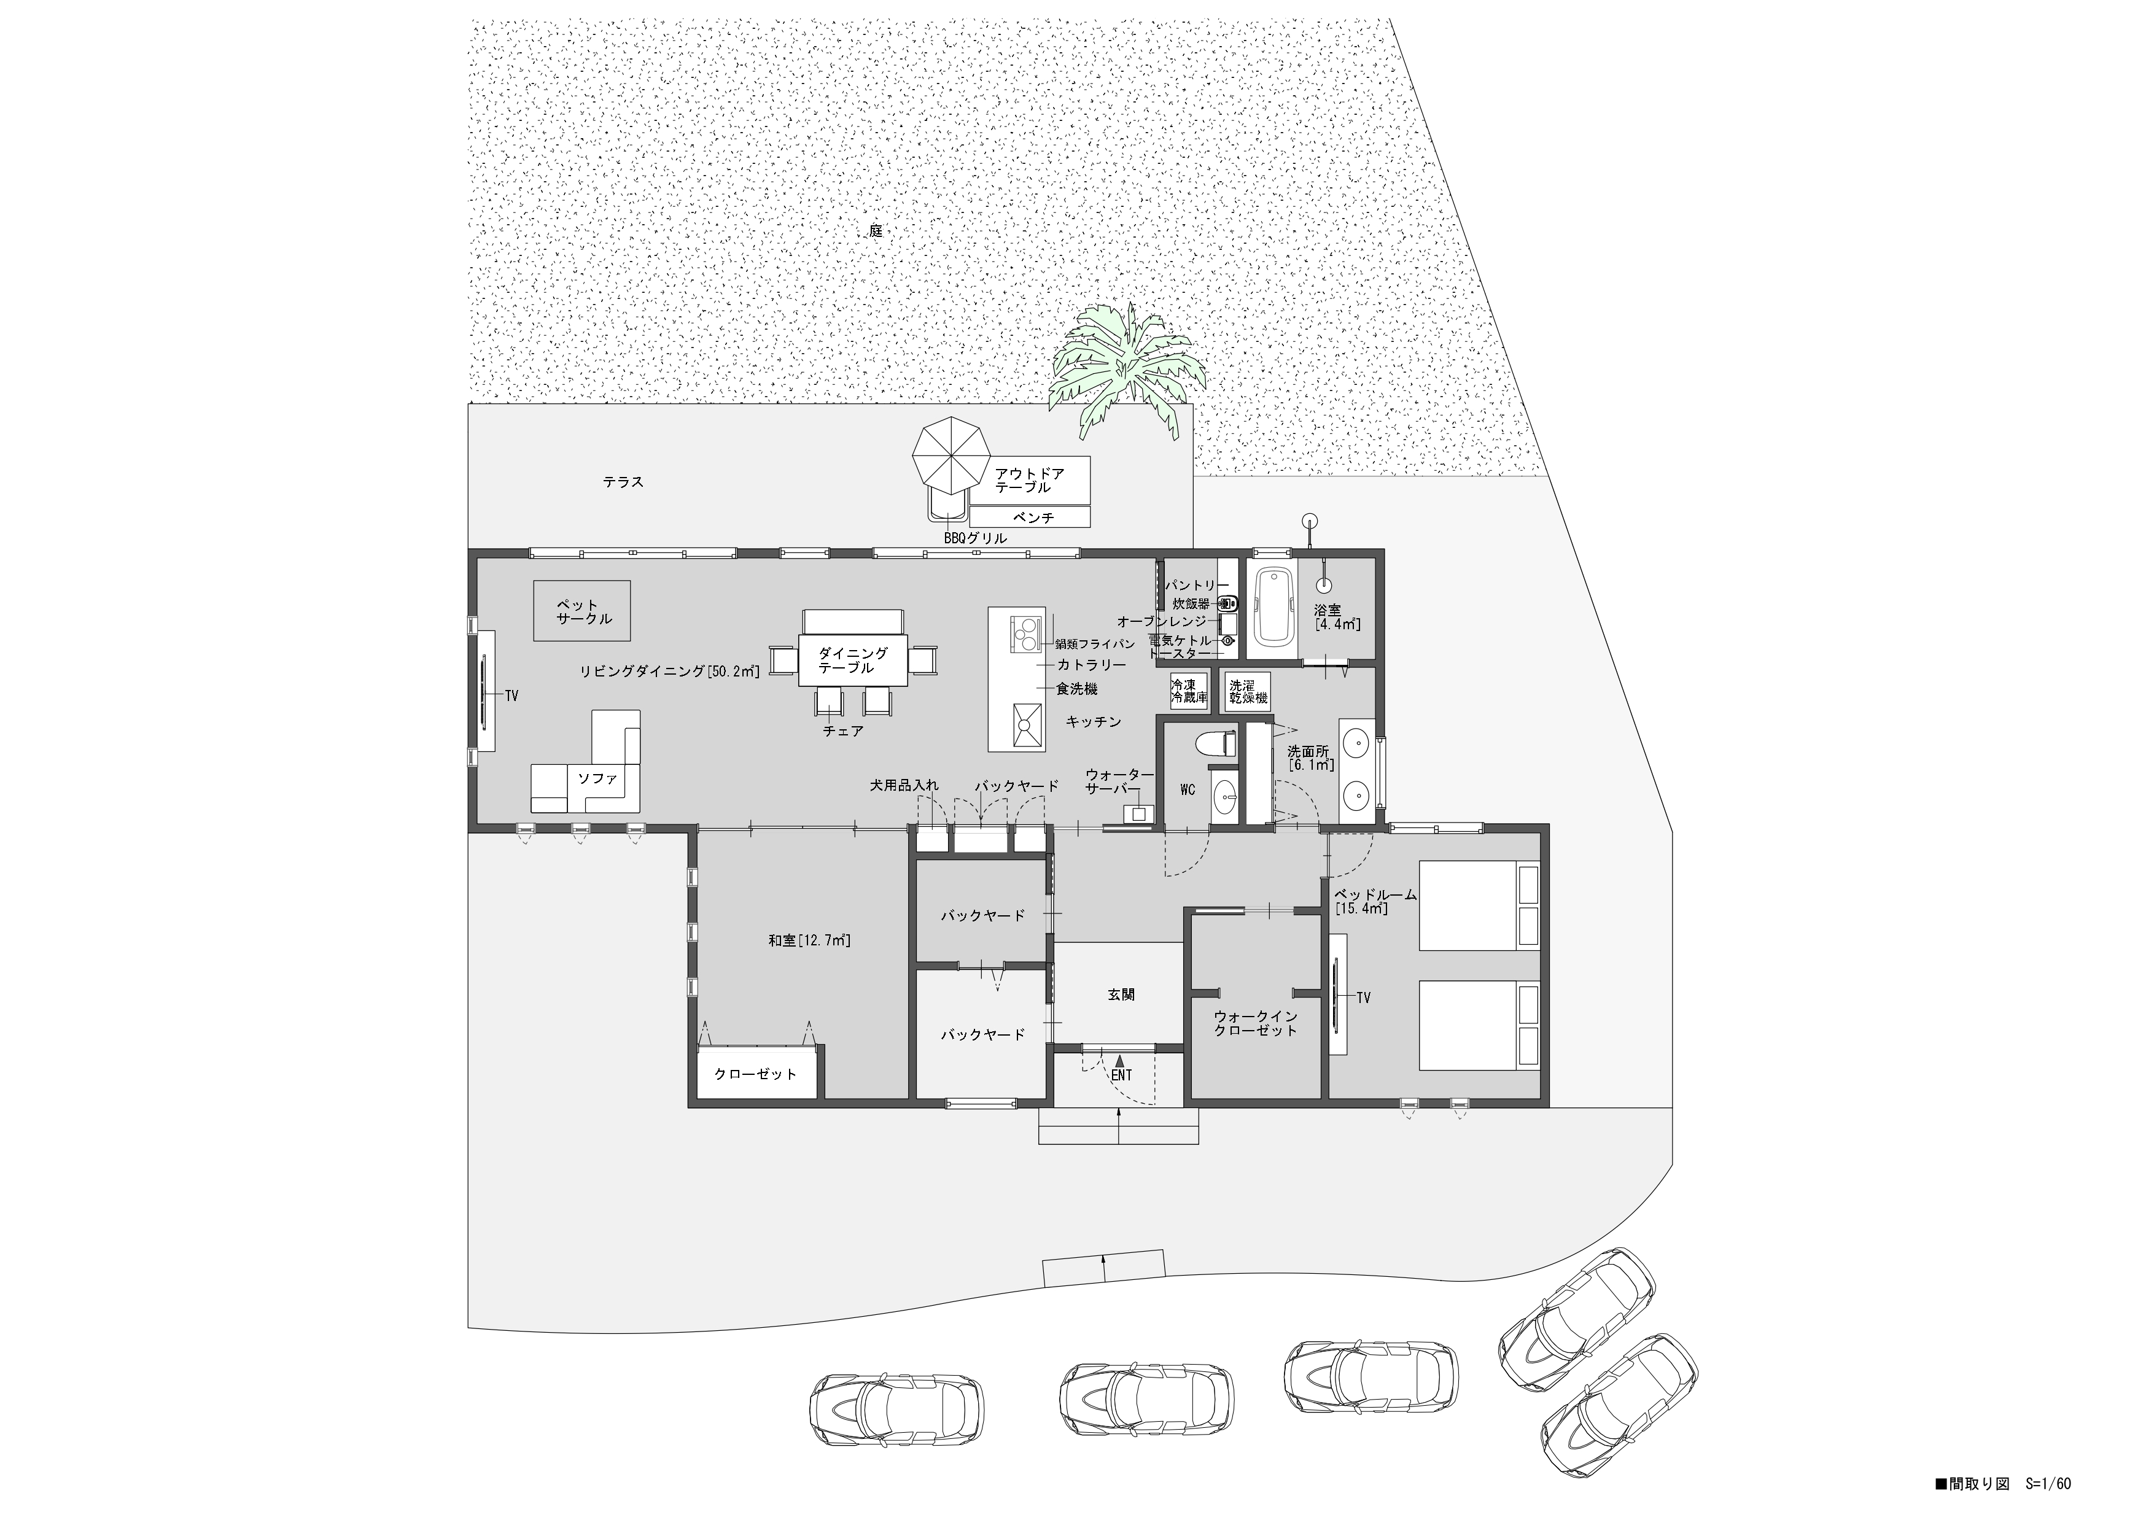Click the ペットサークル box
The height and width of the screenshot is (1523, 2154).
[x=581, y=611]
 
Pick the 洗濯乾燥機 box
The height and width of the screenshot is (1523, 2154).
[x=1248, y=691]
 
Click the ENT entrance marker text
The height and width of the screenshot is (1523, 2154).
[x=1121, y=1075]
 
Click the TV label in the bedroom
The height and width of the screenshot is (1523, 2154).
[x=1363, y=998]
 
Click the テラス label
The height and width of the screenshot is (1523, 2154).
[x=623, y=482]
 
